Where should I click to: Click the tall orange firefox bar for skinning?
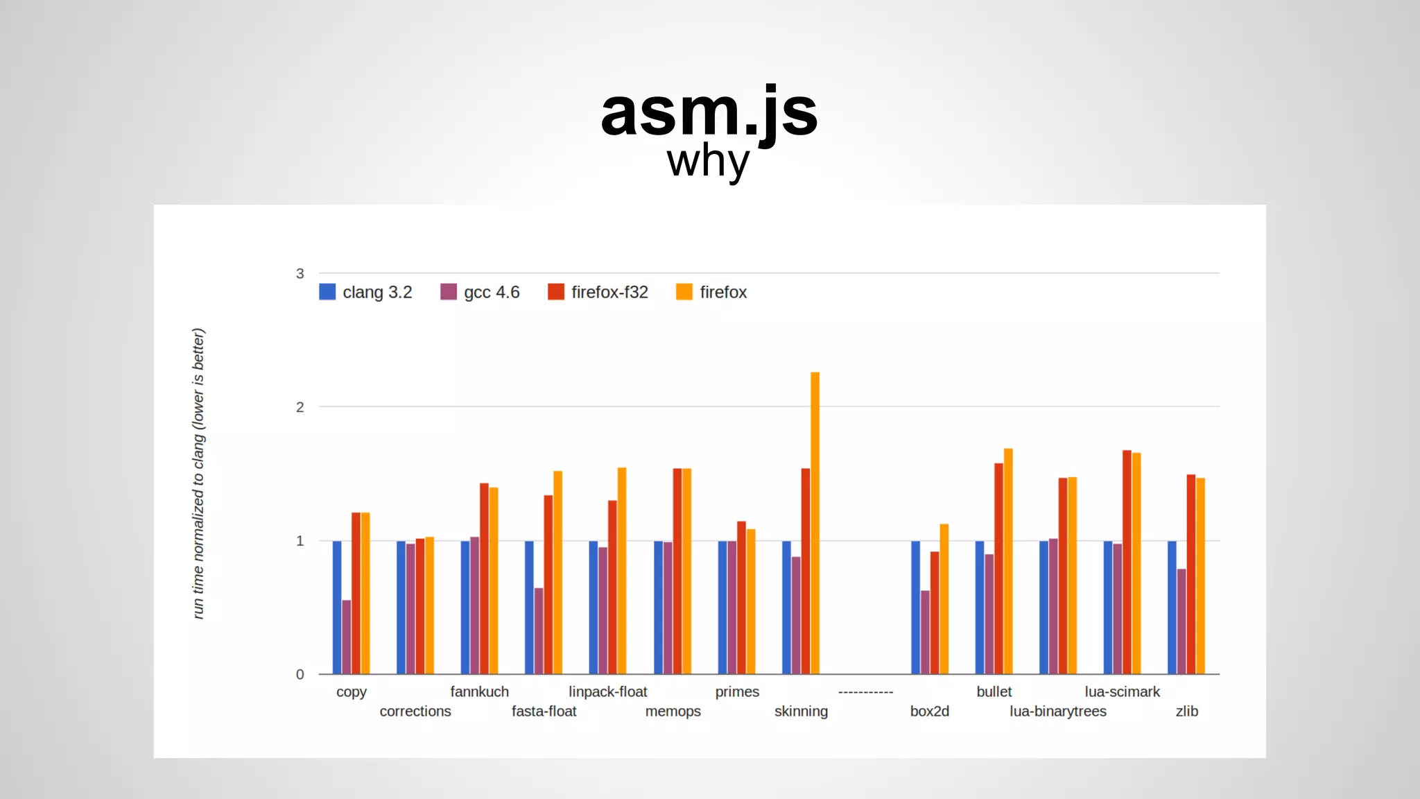815,523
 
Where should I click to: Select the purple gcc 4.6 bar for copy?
346,637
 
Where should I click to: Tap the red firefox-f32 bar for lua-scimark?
1127,562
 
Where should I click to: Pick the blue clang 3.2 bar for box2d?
915,607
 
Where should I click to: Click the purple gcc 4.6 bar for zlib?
1181,621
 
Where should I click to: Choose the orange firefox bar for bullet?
1008,561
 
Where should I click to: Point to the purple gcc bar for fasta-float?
539,630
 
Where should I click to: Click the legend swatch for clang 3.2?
327,292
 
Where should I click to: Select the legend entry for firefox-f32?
598,292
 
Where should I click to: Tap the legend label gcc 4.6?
492,292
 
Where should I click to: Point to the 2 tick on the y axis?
300,407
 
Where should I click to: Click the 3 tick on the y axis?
300,273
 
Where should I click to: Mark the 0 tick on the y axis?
300,674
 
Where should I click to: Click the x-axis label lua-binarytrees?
1057,711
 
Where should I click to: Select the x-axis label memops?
673,711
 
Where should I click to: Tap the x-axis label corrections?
415,711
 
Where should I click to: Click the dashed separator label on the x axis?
865,691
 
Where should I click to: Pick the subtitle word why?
708,162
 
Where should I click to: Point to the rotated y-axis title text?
198,473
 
